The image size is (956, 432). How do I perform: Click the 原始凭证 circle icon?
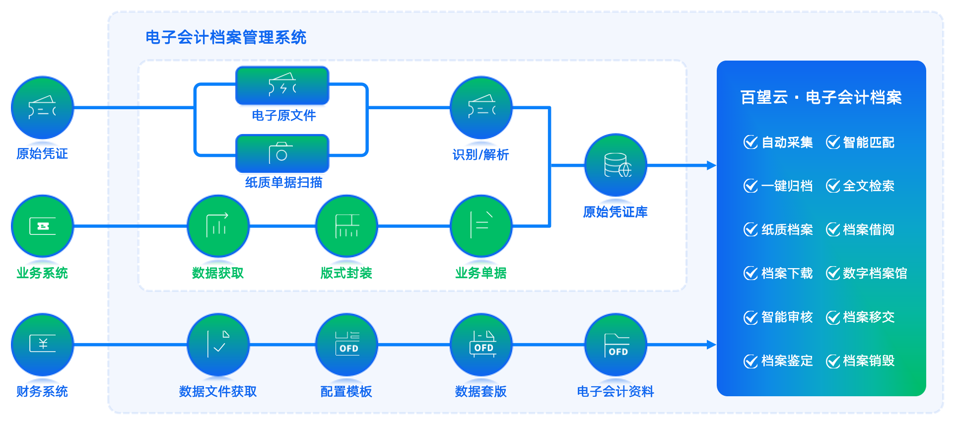pyautogui.click(x=42, y=108)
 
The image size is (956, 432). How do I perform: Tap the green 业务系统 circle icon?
pyautogui.click(x=42, y=226)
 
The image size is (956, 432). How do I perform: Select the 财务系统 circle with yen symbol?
pyautogui.click(x=42, y=345)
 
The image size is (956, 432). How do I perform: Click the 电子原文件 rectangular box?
pyautogui.click(x=282, y=85)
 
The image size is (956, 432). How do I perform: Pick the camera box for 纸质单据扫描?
pyautogui.click(x=282, y=153)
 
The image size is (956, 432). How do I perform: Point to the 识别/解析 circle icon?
pyautogui.click(x=481, y=108)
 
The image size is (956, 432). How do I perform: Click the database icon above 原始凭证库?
pyautogui.click(x=616, y=165)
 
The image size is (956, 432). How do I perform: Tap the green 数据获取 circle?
pyautogui.click(x=218, y=226)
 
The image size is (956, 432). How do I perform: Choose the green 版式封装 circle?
pyautogui.click(x=346, y=226)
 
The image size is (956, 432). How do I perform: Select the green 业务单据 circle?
pyautogui.click(x=481, y=226)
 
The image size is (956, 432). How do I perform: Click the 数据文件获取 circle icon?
pyautogui.click(x=218, y=345)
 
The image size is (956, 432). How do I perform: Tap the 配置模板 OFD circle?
pyautogui.click(x=346, y=345)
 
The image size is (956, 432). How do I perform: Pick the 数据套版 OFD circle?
pyautogui.click(x=481, y=345)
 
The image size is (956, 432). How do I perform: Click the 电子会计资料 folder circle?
pyautogui.click(x=616, y=345)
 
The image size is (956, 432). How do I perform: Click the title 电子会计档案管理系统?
pyautogui.click(x=226, y=37)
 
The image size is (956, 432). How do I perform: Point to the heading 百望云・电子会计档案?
pyautogui.click(x=821, y=97)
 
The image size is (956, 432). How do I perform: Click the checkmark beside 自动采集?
pyautogui.click(x=751, y=142)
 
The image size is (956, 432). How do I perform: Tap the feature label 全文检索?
pyautogui.click(x=869, y=186)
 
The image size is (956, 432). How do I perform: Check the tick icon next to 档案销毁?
pyautogui.click(x=833, y=361)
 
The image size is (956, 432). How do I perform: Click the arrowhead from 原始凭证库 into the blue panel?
pyautogui.click(x=712, y=165)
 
